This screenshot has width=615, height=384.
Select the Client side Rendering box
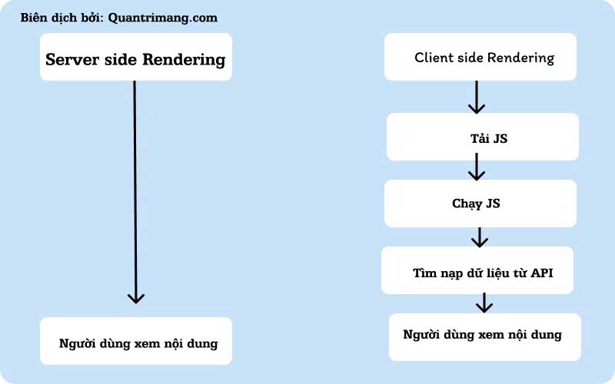480,57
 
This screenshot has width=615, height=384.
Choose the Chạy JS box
480,204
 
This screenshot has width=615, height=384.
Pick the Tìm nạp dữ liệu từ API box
477,270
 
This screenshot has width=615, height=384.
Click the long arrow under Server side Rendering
135,192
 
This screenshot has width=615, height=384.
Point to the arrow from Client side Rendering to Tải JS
477,97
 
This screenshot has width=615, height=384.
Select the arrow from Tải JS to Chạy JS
477,167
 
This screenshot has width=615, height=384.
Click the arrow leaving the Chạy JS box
480,236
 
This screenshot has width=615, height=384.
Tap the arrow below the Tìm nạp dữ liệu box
484,303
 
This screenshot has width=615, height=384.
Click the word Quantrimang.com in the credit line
162,18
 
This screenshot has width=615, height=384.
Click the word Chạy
467,204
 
